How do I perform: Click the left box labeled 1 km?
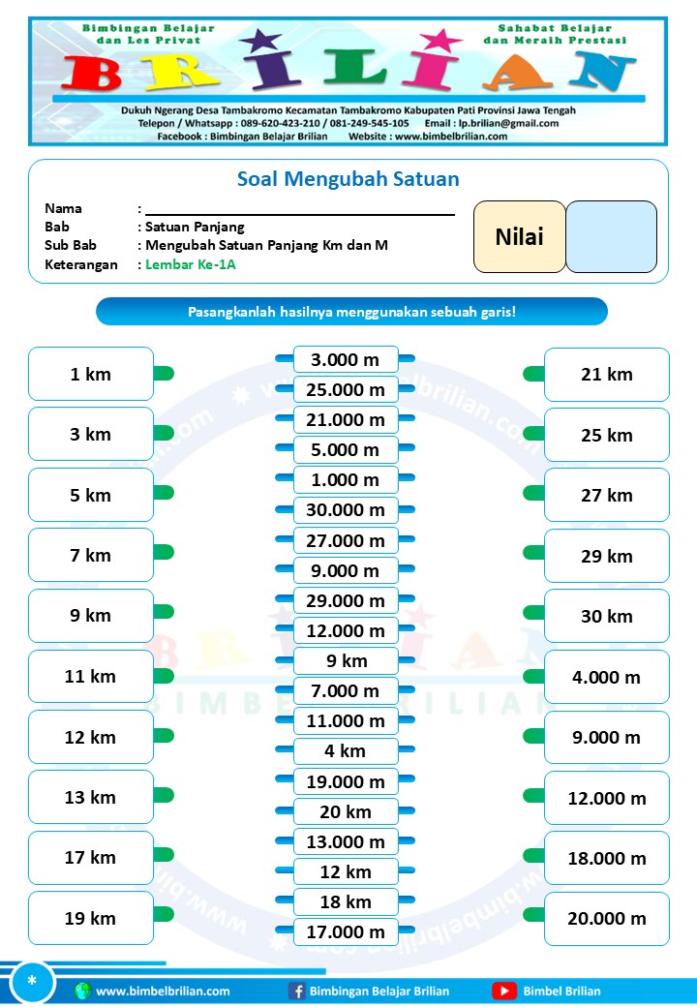[x=90, y=374]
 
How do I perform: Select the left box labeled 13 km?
[x=90, y=797]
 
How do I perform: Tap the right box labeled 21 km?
[x=607, y=375]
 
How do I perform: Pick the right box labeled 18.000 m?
[x=607, y=858]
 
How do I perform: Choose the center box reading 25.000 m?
[x=346, y=390]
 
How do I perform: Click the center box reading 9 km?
[x=346, y=661]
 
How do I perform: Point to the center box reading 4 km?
[x=346, y=750]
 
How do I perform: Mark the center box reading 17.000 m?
[x=346, y=932]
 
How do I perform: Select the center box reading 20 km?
[x=346, y=811]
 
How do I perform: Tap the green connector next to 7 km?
[x=164, y=553]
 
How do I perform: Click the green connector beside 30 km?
[x=533, y=613]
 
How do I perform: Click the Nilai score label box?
[x=519, y=237]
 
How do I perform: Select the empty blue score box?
[x=611, y=237]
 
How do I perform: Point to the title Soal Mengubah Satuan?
[x=348, y=179]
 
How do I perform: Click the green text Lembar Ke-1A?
[x=191, y=264]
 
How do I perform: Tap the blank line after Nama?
[x=300, y=209]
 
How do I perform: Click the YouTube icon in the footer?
[x=503, y=991]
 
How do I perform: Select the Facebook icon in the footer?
[x=297, y=991]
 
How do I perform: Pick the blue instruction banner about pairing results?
[x=351, y=312]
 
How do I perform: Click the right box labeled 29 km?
[x=607, y=556]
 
